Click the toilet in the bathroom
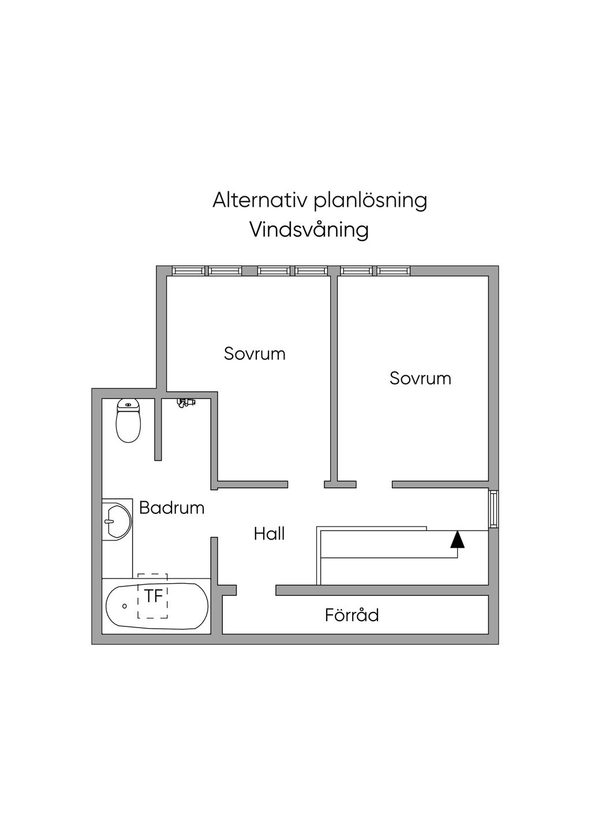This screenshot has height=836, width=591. tap(128, 420)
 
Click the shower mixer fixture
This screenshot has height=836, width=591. tap(186, 402)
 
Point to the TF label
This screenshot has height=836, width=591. tap(154, 596)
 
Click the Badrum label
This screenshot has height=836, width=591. tap(171, 508)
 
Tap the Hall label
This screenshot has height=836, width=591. tap(269, 533)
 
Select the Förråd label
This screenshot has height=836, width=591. tap(352, 615)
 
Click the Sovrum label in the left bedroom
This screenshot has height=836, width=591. tap(255, 353)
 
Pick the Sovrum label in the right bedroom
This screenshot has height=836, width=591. tap(421, 378)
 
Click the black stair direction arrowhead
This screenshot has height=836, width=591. tap(458, 540)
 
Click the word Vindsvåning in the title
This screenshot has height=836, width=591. tap(309, 230)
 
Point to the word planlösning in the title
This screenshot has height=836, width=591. tap(370, 201)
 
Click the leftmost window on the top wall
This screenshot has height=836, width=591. tap(188, 271)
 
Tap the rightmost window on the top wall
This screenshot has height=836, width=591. tap(393, 271)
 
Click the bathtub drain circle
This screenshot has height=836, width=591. tap(125, 606)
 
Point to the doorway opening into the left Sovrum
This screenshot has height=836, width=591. tap(306, 484)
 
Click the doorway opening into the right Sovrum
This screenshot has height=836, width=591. tap(374, 484)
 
